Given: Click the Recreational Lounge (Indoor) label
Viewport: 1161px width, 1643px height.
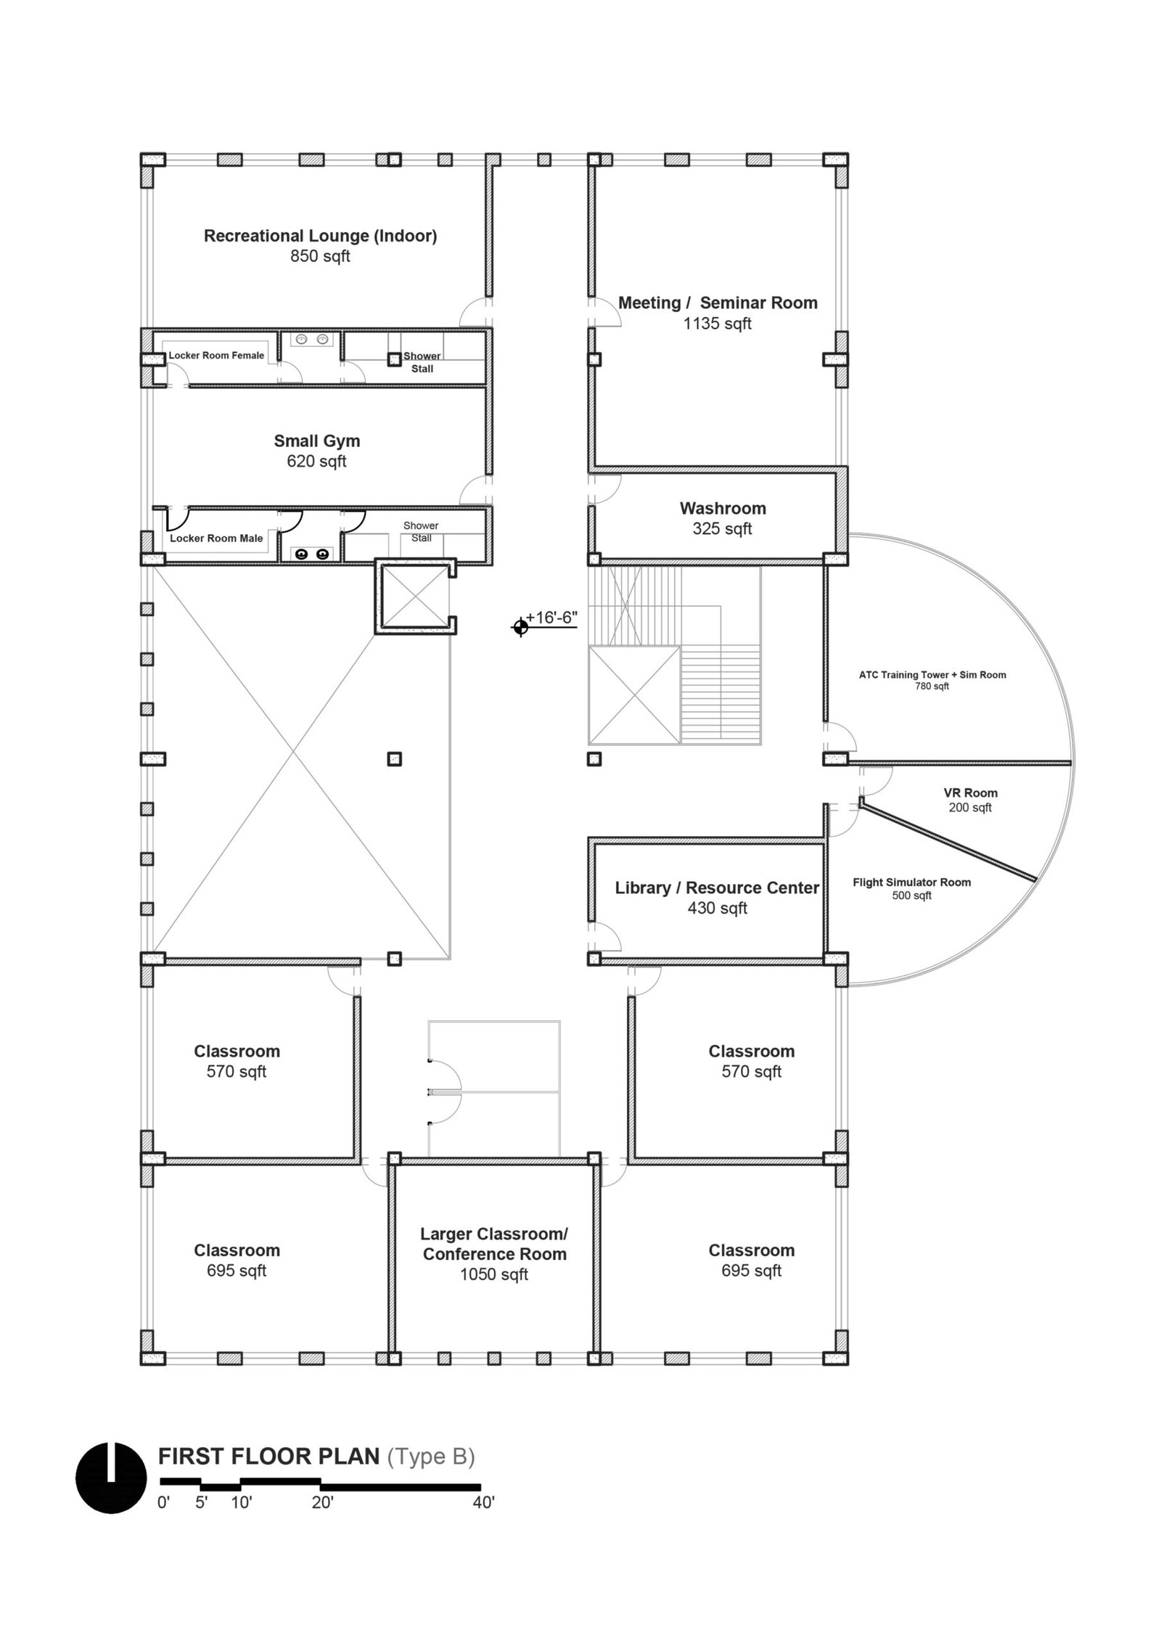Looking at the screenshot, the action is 320,236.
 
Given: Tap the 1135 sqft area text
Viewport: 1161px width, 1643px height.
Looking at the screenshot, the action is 717,324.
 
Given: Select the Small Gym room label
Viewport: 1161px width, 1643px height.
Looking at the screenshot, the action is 316,441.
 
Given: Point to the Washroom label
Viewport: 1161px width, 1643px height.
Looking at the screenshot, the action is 723,508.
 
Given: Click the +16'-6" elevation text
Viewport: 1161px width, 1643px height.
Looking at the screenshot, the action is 551,617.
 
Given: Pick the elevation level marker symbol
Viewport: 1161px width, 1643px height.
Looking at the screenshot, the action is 520,626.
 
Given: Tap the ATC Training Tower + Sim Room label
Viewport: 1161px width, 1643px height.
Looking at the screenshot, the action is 932,675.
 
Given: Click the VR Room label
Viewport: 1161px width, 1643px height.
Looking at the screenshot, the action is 970,793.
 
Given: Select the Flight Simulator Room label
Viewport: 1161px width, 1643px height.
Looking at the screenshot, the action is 911,882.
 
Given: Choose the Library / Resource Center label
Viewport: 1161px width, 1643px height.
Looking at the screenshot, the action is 717,888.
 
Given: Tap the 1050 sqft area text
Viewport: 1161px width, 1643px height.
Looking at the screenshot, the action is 494,1274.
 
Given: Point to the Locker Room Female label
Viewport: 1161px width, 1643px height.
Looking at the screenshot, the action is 216,356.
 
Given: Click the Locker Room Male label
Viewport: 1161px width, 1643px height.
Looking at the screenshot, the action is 216,538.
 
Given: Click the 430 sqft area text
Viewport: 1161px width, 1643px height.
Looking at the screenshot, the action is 717,908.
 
